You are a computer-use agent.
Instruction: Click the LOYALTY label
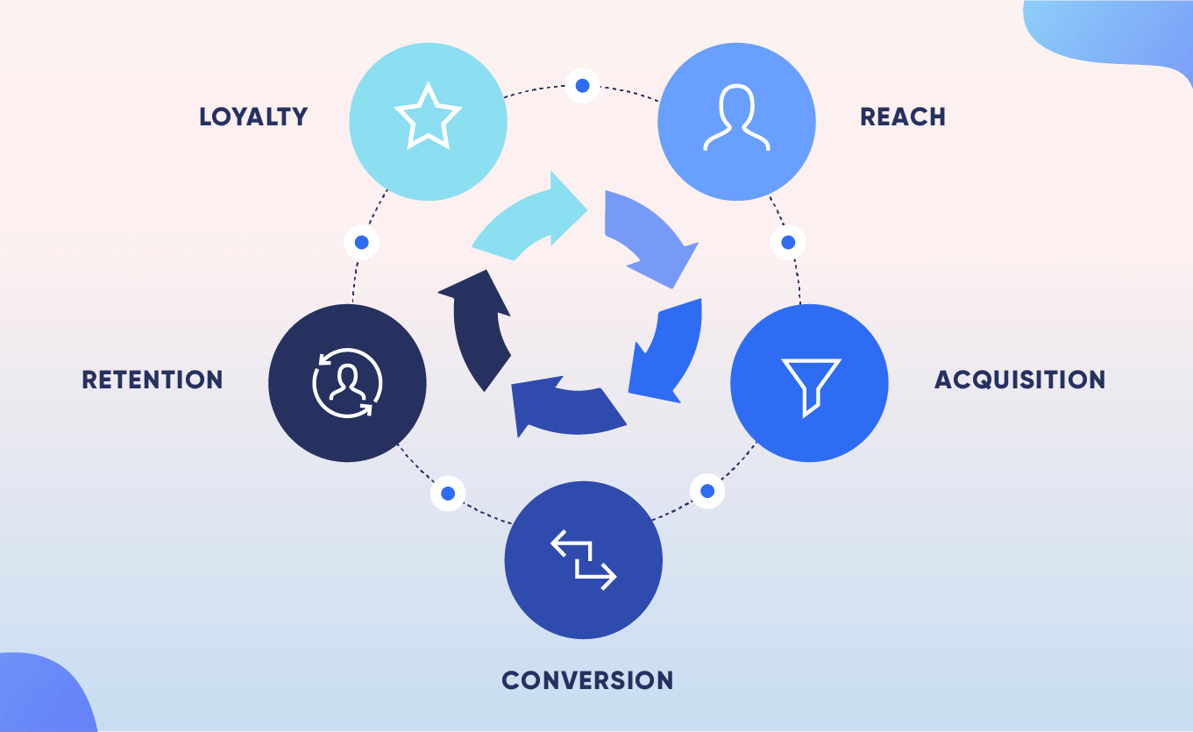(253, 117)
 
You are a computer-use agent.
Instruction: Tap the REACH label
(902, 117)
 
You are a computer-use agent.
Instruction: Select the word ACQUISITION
(1019, 380)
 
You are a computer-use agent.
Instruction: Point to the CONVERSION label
(587, 679)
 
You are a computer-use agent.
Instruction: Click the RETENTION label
(153, 380)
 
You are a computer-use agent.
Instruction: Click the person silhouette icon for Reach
(736, 117)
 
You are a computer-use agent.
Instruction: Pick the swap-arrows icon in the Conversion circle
(584, 560)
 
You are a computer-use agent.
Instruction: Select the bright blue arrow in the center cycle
(670, 351)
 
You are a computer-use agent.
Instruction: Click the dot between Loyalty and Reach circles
(582, 85)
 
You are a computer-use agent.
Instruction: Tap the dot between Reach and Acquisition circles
(788, 242)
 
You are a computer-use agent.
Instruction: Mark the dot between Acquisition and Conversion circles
(708, 490)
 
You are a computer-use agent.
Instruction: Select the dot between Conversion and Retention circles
(448, 493)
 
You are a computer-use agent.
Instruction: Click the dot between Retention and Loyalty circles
(361, 242)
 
